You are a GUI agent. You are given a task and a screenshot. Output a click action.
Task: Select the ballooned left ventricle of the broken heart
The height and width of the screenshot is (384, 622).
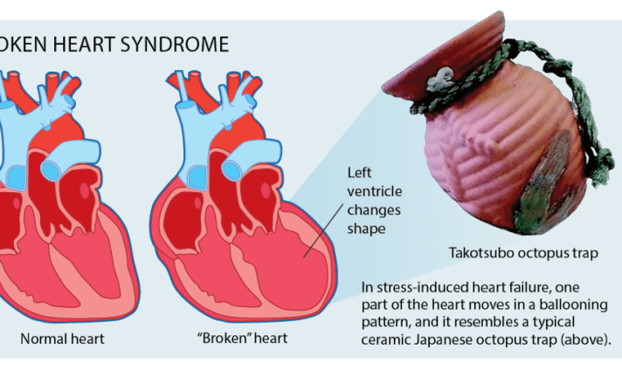tap(288, 262)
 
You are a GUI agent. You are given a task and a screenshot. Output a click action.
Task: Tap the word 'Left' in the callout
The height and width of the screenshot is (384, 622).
tap(359, 172)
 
